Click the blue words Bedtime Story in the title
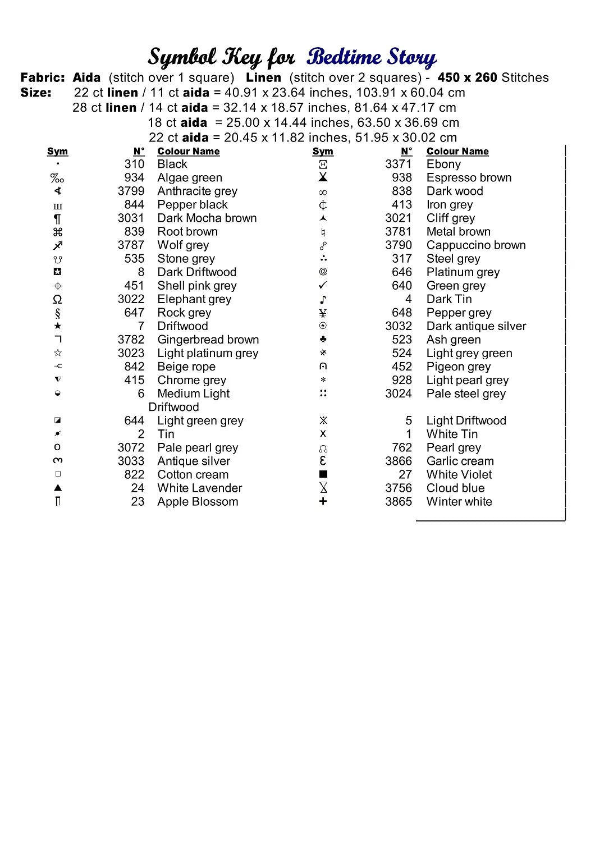point(372,57)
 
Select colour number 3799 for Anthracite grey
point(131,191)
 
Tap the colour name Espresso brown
point(469,178)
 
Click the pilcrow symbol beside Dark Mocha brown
point(57,219)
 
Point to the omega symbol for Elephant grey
point(57,300)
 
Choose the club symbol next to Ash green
point(323,340)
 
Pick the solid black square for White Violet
point(323,474)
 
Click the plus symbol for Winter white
point(323,501)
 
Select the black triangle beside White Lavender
point(58,488)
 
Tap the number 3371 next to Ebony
point(398,164)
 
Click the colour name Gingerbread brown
point(208,340)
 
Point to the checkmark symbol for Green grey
point(323,286)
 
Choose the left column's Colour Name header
point(188,152)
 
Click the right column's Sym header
point(323,152)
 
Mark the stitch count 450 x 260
point(467,78)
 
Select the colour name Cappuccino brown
point(476,245)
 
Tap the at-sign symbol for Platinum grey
point(323,272)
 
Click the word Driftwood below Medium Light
point(173,407)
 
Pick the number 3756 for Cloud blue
point(398,488)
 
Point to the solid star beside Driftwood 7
point(58,326)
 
